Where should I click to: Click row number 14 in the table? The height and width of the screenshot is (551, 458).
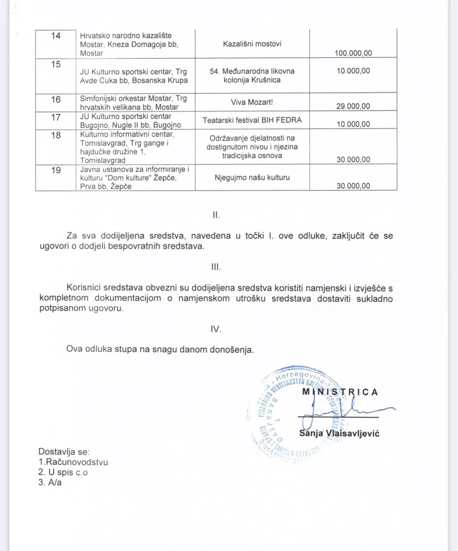point(56,36)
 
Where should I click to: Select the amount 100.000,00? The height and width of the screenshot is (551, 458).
point(353,53)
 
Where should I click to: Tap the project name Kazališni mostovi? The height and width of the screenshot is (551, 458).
point(252,44)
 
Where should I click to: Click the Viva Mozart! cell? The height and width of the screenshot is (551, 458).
point(252,102)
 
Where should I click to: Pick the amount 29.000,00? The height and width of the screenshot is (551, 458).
point(353,106)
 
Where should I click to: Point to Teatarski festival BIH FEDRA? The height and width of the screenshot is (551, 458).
point(252,120)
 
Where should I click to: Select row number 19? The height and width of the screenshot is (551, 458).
point(56,170)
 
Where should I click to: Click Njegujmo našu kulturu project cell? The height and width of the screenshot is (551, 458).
point(252,178)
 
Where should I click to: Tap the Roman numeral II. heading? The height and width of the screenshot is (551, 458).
point(216,215)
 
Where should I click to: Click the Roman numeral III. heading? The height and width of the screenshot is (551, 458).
point(216,267)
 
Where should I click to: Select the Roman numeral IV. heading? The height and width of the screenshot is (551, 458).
point(216,329)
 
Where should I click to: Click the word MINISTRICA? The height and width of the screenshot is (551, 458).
point(340,392)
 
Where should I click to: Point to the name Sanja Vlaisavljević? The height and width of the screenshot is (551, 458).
point(339,433)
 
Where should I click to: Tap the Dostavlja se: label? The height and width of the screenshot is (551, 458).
point(64,452)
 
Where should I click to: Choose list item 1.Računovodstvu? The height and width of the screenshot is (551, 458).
point(73,462)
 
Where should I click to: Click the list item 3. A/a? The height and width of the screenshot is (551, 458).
point(50,482)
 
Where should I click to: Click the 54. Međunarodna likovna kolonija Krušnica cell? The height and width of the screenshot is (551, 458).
point(252,75)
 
